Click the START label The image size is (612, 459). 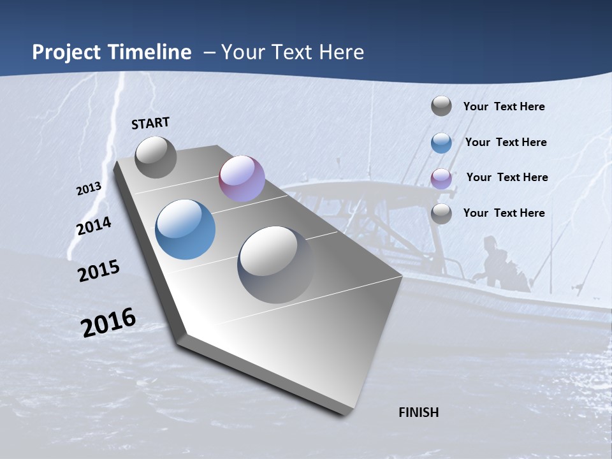(x=150, y=123)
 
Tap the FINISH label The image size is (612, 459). (x=418, y=412)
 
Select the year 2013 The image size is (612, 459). (x=89, y=188)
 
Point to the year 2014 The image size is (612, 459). (x=94, y=226)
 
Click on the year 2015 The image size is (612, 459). (x=98, y=271)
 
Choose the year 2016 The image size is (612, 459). (x=108, y=322)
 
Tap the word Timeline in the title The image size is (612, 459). (x=151, y=52)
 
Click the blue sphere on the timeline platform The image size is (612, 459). (x=185, y=229)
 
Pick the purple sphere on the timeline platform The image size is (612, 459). (x=242, y=178)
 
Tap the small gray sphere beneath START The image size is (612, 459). (x=156, y=157)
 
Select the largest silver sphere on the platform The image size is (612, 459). (x=276, y=264)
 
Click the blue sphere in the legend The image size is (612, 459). (x=441, y=143)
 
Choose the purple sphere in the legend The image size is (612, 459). (x=441, y=178)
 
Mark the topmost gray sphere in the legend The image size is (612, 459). (x=441, y=106)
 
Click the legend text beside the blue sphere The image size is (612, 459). (x=506, y=142)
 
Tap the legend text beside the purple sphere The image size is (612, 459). (x=507, y=177)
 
